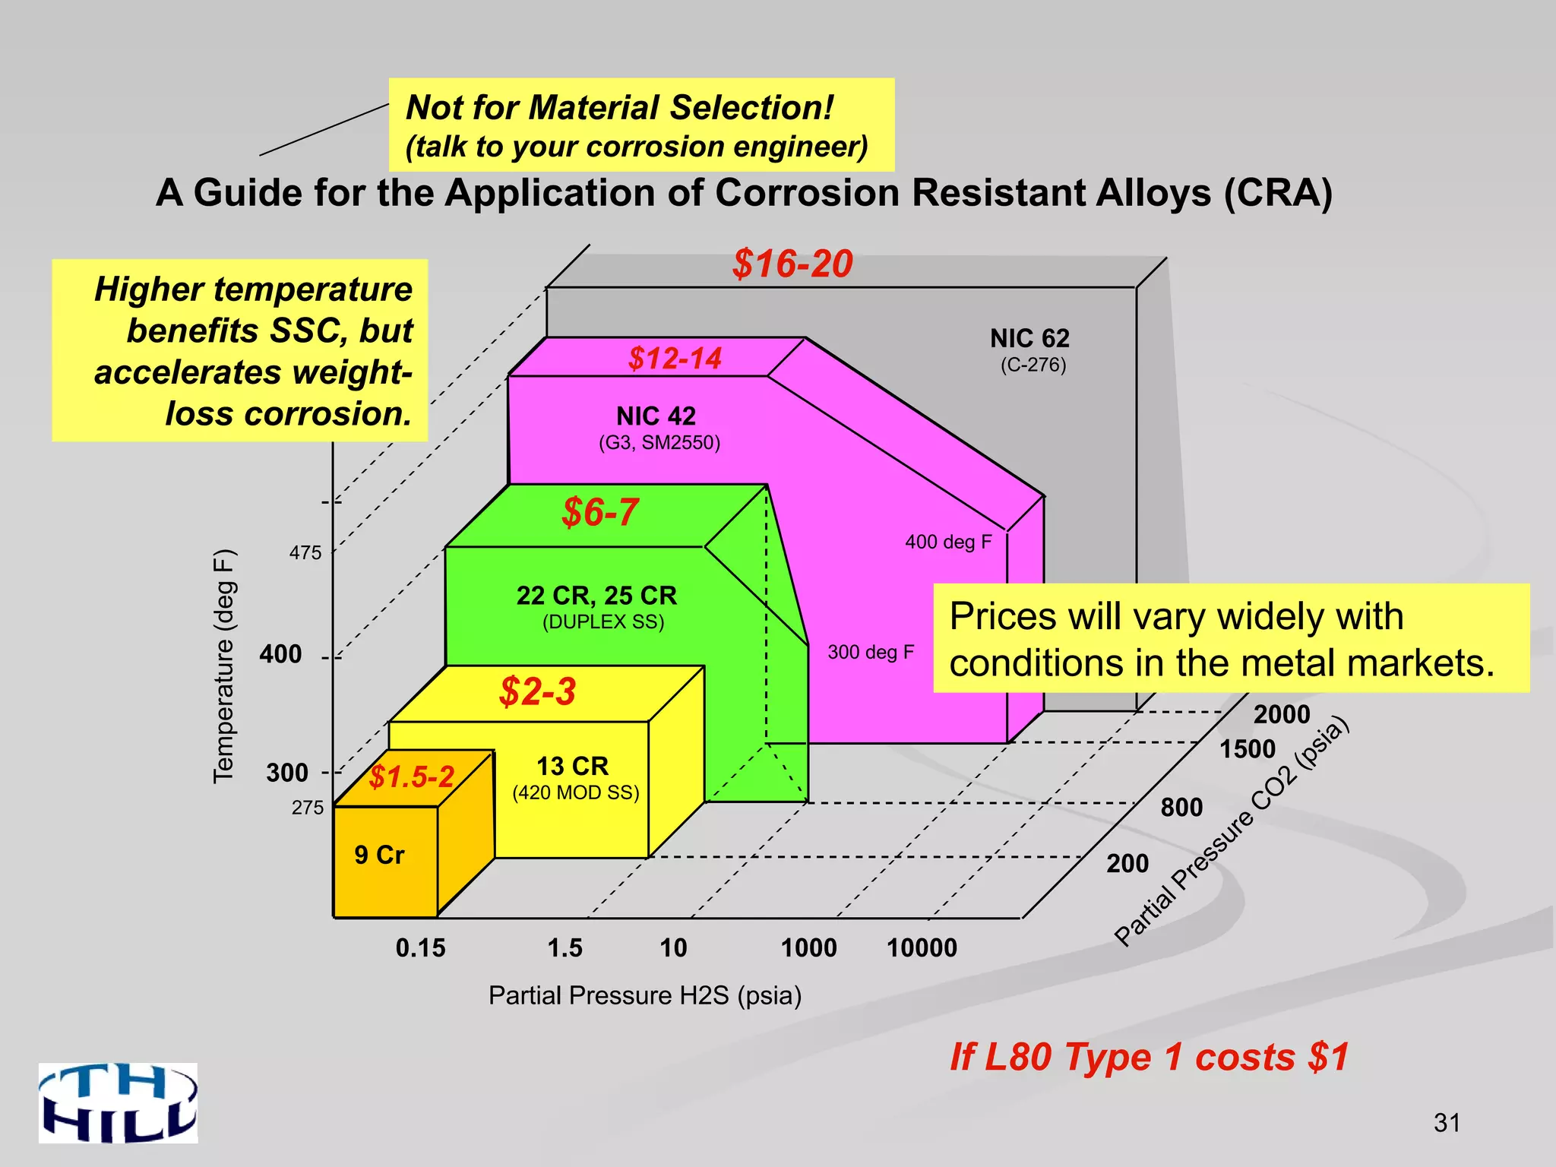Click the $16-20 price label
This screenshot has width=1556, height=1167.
(x=792, y=264)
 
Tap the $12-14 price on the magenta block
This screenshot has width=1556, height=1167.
(x=675, y=358)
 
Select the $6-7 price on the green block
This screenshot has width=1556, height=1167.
(x=599, y=512)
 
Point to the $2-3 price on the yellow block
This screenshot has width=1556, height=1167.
(x=537, y=692)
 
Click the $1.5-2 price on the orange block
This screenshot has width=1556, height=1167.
(x=411, y=776)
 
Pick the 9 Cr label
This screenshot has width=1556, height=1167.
(x=379, y=855)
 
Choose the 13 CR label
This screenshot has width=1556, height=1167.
(x=572, y=765)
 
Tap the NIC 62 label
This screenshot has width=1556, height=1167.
(x=1029, y=338)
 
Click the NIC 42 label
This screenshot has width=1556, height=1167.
(x=656, y=416)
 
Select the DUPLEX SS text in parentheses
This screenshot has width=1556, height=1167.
(x=603, y=622)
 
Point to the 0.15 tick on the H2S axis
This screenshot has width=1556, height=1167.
(x=420, y=948)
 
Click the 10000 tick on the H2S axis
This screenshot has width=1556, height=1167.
(x=922, y=948)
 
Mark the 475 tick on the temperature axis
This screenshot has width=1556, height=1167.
(x=305, y=553)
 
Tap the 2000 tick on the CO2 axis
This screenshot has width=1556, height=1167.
(x=1282, y=714)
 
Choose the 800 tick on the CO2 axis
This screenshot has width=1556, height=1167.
(x=1181, y=807)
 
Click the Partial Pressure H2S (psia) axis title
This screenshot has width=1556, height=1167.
(x=645, y=995)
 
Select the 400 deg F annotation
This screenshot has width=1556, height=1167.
(x=948, y=542)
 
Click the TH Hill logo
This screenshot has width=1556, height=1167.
(x=119, y=1102)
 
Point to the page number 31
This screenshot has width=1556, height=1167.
(x=1447, y=1122)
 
